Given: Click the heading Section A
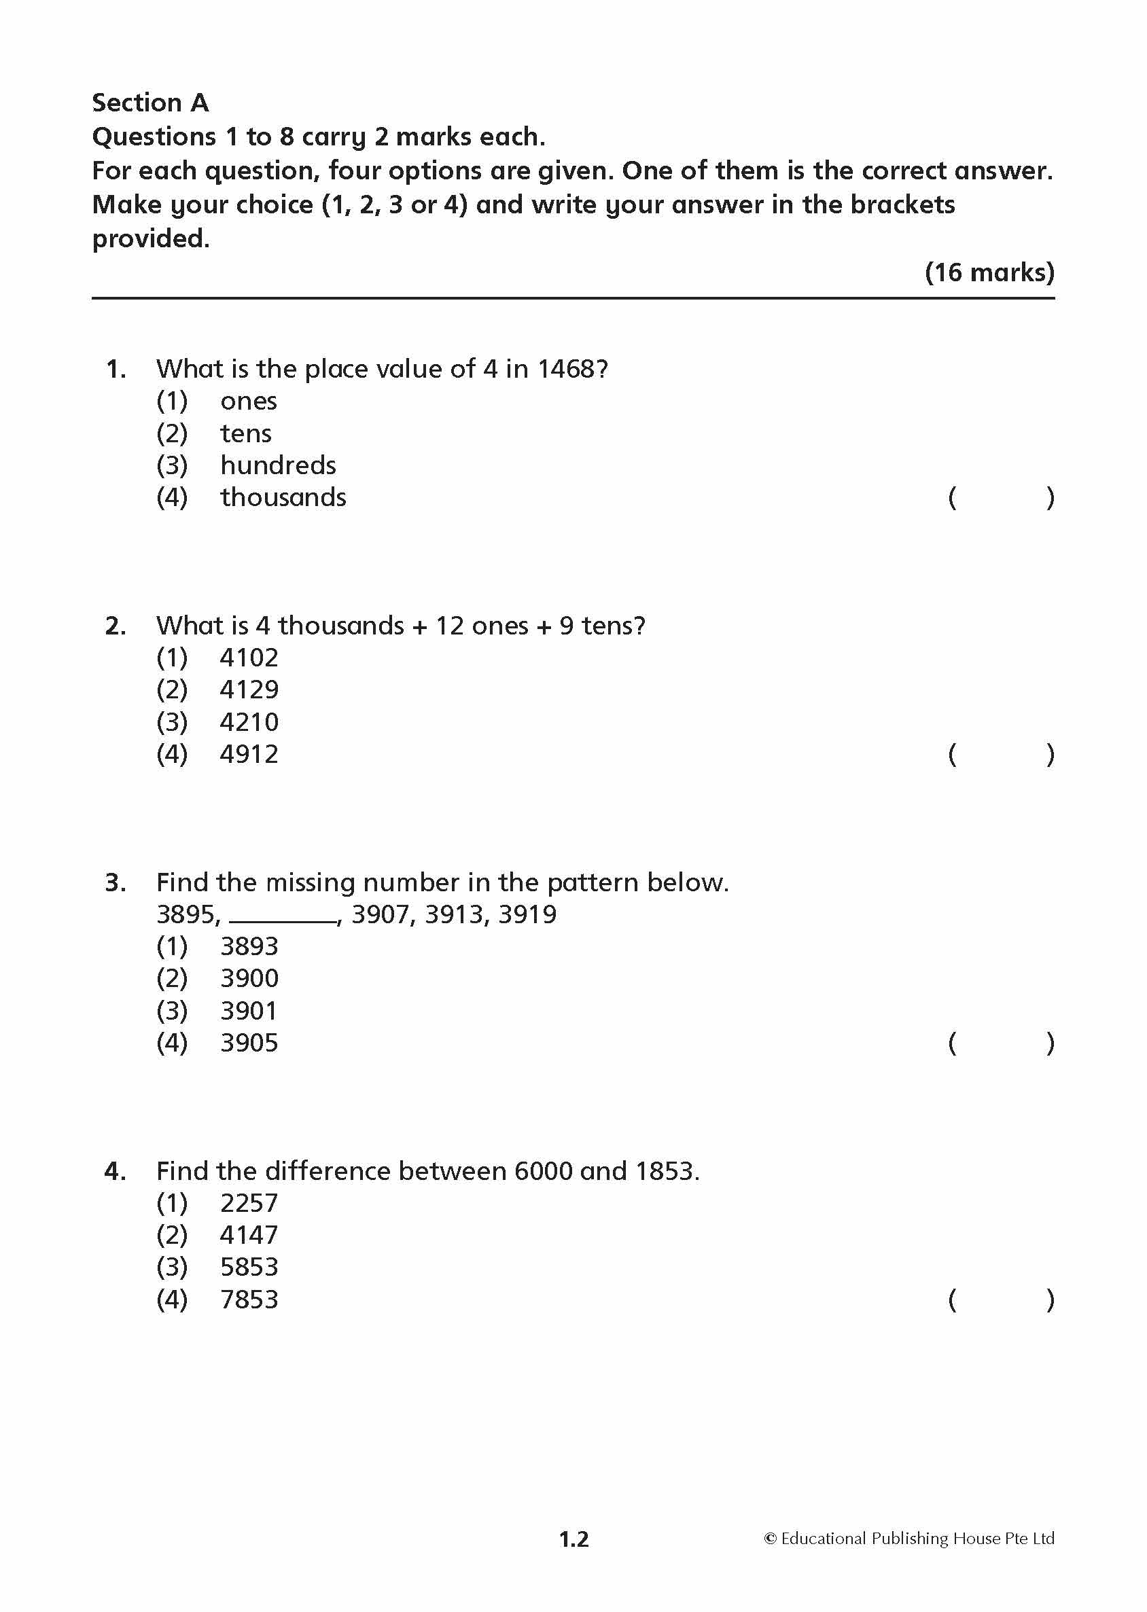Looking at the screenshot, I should point(150,103).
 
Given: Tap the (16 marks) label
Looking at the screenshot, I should point(989,272).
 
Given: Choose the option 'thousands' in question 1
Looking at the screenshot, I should point(283,498).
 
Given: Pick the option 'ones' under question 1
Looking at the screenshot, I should point(248,401).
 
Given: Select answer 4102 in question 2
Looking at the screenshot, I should point(249,658).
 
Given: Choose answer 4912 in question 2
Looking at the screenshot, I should point(249,755).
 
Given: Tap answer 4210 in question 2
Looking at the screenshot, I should point(249,722).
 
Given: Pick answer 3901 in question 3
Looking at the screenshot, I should point(249,1011).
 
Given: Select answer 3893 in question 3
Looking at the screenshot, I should point(249,946).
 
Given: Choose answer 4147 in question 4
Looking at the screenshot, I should point(249,1235).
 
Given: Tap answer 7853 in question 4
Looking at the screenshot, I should point(249,1300).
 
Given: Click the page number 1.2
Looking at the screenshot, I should point(573,1539).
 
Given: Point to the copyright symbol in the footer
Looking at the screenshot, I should point(771,1539).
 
